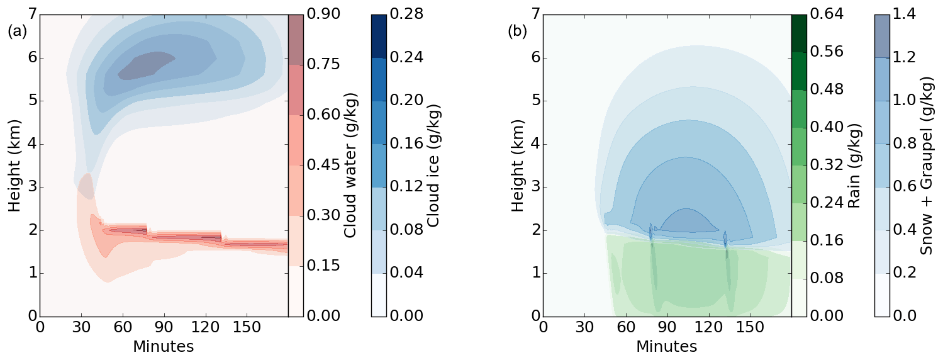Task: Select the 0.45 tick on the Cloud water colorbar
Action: click(x=323, y=165)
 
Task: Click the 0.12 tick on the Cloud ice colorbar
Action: click(x=406, y=187)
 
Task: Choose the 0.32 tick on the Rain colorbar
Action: click(x=826, y=165)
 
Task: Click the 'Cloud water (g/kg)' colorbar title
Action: click(x=350, y=165)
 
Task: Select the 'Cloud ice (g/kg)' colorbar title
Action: click(x=433, y=165)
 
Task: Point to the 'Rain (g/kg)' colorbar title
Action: click(x=853, y=165)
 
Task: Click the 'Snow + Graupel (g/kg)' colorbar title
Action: click(x=927, y=165)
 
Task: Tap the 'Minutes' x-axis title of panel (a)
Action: click(x=163, y=346)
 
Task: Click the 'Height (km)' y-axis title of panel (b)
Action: click(x=517, y=165)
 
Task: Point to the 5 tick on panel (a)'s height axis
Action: click(x=28, y=101)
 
